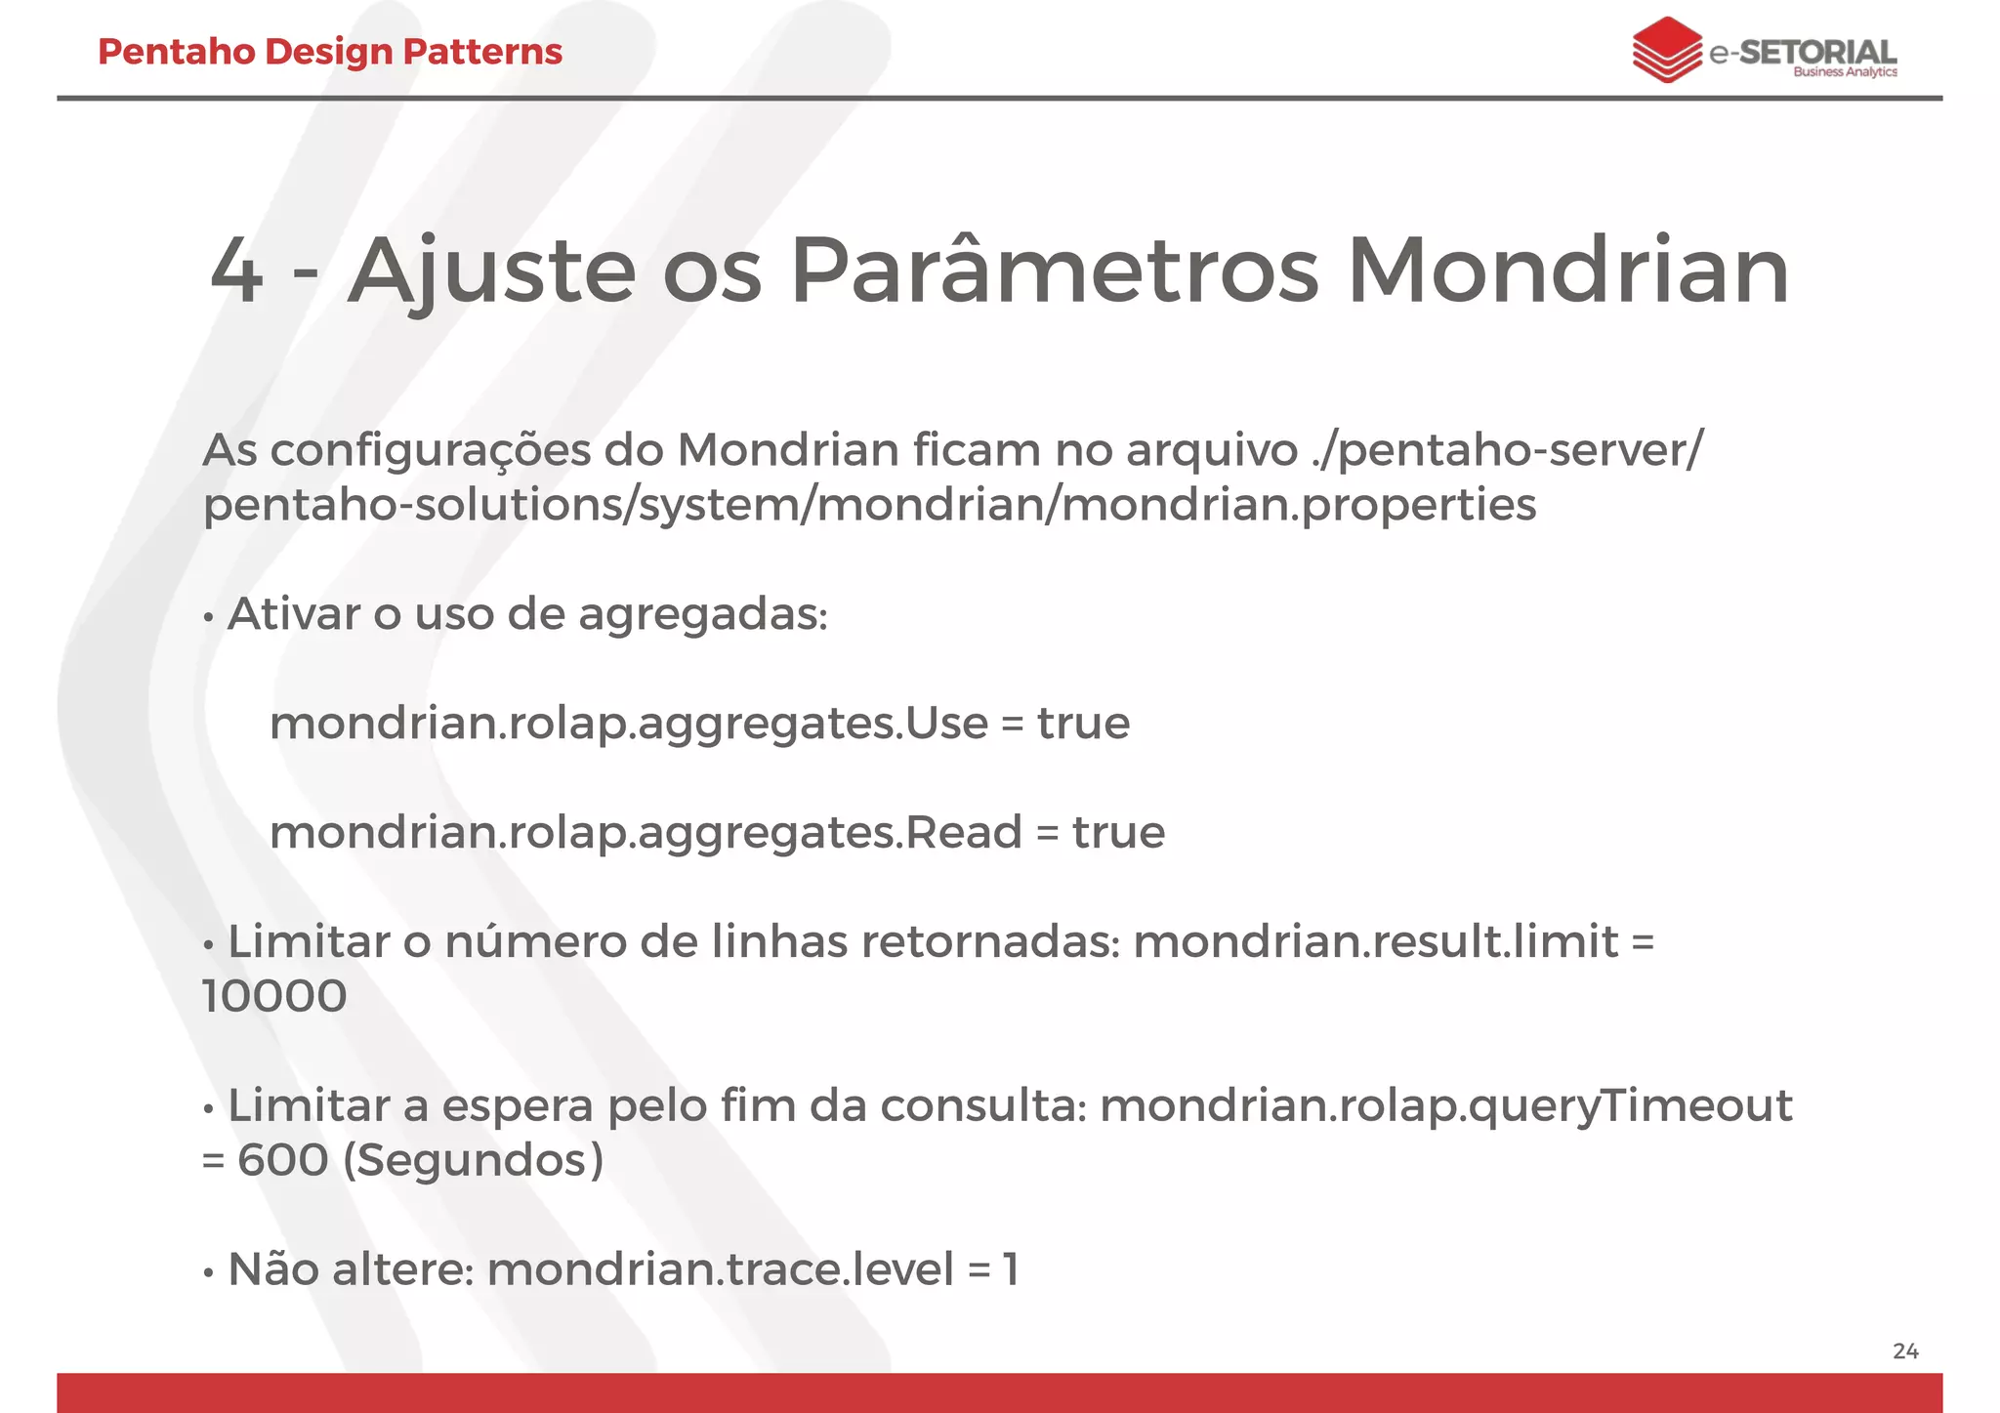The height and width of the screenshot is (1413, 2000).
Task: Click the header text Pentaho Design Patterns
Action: (330, 52)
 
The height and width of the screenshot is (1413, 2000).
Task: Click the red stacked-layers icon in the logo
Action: (1666, 50)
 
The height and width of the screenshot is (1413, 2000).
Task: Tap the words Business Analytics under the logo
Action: (1845, 72)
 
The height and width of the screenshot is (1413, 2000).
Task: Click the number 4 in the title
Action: (236, 271)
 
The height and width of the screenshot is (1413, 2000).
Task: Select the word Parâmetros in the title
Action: (1054, 271)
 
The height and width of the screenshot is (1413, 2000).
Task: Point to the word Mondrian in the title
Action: (1567, 271)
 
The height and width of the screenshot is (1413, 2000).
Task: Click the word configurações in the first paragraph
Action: (431, 451)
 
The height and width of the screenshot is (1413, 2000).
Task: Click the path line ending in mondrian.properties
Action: (869, 506)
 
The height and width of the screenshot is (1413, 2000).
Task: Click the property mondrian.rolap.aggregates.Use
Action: (628, 724)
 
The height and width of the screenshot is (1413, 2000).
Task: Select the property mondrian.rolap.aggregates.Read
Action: (646, 833)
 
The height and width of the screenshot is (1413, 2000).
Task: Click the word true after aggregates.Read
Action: (1118, 833)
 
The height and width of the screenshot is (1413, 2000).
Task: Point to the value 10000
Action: (274, 997)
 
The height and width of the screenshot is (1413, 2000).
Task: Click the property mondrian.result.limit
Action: (1375, 942)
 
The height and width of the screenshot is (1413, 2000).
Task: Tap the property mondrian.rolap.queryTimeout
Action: (1445, 1106)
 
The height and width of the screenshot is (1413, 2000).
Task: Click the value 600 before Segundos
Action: (283, 1161)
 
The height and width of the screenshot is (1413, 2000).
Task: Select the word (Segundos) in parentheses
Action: (474, 1161)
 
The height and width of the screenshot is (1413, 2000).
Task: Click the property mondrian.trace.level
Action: (720, 1270)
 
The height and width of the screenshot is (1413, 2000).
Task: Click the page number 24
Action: (1905, 1351)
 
